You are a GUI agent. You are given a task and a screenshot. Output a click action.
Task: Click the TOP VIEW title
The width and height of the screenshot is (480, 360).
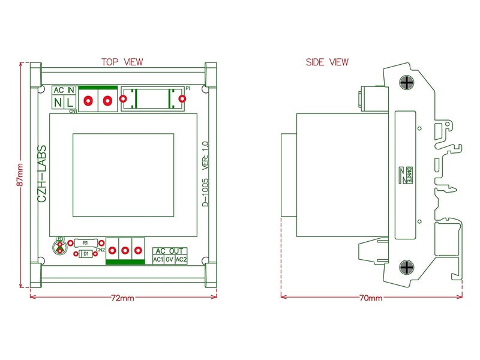pyautogui.click(x=122, y=62)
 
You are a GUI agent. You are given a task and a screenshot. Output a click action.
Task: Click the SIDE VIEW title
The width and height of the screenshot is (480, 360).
pyautogui.click(x=327, y=62)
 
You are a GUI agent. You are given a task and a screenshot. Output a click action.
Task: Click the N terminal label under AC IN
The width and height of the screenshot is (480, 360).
pyautogui.click(x=58, y=103)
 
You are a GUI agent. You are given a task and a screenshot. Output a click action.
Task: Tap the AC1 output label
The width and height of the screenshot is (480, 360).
pyautogui.click(x=158, y=259)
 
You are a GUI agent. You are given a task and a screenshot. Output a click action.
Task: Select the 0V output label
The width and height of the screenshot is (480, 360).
pyautogui.click(x=170, y=259)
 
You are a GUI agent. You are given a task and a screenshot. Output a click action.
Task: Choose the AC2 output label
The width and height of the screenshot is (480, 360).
pyautogui.click(x=181, y=259)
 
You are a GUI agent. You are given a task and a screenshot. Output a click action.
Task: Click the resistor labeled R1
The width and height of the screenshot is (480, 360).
pyautogui.click(x=86, y=242)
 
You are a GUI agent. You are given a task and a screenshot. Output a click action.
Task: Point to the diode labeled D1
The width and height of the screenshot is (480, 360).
pyautogui.click(x=86, y=254)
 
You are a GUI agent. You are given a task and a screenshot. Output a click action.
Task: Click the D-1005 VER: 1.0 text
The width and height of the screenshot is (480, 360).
pyautogui.click(x=205, y=175)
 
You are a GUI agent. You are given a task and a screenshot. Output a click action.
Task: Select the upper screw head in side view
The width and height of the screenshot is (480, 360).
pyautogui.click(x=407, y=83)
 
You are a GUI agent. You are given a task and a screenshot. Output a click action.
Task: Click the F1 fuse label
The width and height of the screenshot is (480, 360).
pyautogui.click(x=188, y=89)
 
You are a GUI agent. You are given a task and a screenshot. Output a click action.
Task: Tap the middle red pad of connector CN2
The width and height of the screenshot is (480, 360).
pyautogui.click(x=125, y=250)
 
